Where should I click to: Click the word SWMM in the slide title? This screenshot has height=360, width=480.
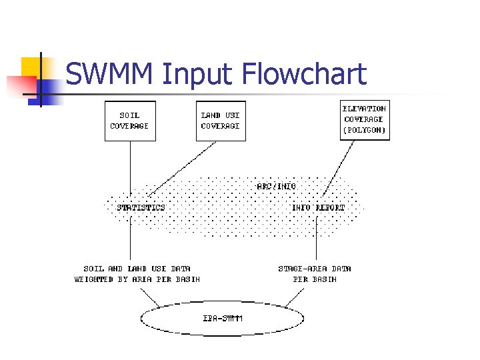(111, 74)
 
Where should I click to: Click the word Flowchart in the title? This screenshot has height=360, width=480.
(305, 74)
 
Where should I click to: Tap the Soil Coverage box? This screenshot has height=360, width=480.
(130, 121)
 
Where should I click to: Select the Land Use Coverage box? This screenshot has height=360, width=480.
(221, 121)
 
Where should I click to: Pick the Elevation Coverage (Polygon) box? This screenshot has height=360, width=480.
(364, 120)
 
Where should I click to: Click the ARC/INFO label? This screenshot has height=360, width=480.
(276, 186)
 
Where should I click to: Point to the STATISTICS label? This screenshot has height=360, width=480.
(141, 207)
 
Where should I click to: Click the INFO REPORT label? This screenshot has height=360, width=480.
(319, 207)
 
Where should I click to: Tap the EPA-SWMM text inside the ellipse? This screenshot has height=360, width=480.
(223, 319)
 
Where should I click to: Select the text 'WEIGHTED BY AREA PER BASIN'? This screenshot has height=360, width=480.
(137, 279)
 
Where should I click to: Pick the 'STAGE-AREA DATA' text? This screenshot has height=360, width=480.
(315, 269)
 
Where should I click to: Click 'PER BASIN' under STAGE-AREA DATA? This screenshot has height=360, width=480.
(315, 279)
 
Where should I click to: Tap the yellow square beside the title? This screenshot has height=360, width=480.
(32, 67)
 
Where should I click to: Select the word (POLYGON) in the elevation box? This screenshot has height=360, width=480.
(364, 131)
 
